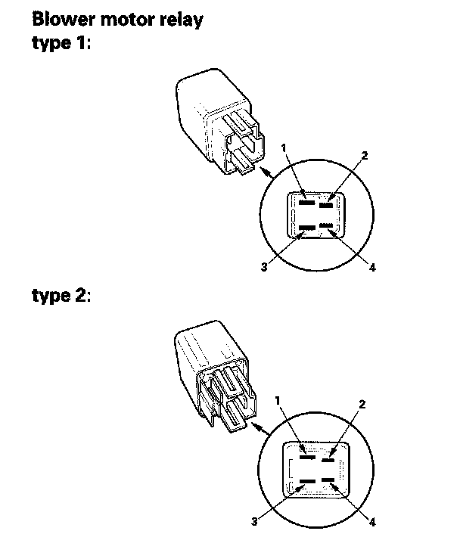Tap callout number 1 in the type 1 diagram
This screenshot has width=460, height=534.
pyautogui.click(x=284, y=149)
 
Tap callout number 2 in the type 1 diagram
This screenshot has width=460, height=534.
pyautogui.click(x=364, y=155)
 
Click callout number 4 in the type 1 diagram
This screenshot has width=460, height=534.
pyautogui.click(x=372, y=267)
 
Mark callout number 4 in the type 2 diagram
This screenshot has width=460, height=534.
pyautogui.click(x=371, y=522)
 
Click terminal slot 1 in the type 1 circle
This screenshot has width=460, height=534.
pyautogui.click(x=305, y=203)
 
